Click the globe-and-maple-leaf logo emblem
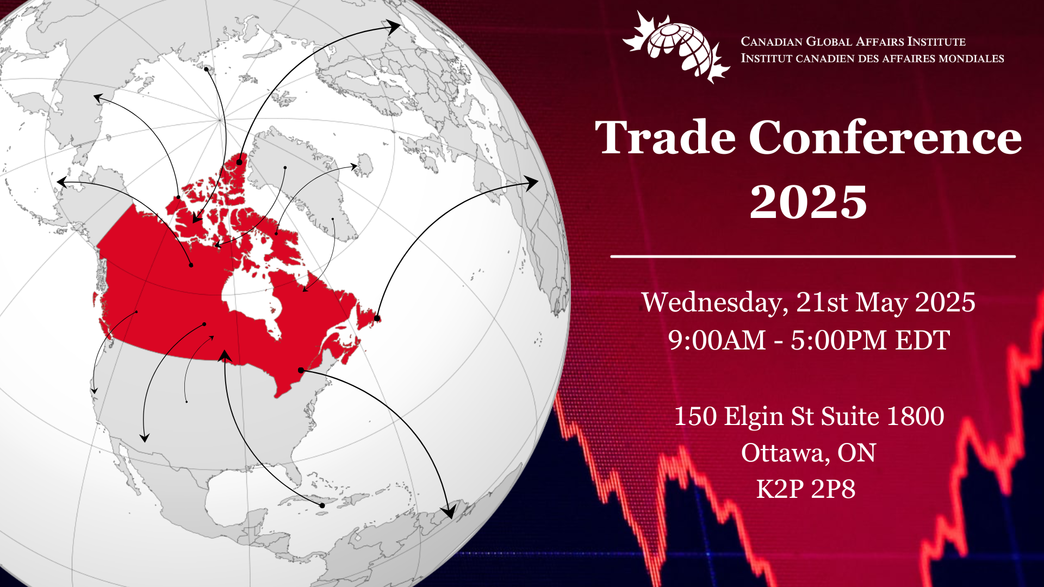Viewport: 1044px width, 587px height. click(x=676, y=48)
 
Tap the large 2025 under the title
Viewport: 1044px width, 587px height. click(x=808, y=202)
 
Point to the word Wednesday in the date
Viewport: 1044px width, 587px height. click(x=714, y=303)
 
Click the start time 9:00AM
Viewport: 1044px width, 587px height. click(x=717, y=340)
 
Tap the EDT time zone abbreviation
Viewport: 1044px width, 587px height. click(x=923, y=340)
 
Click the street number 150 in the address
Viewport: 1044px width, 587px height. click(x=695, y=416)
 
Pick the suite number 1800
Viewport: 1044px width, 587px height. click(x=915, y=416)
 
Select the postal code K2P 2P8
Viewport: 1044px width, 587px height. click(x=806, y=489)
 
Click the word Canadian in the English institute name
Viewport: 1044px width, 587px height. click(x=771, y=42)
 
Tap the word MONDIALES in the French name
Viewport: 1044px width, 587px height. click(x=971, y=59)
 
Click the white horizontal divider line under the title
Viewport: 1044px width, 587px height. click(x=813, y=256)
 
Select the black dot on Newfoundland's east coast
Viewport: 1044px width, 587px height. click(x=377, y=318)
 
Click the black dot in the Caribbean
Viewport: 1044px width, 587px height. click(x=322, y=505)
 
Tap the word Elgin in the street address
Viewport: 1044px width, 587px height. click(x=754, y=416)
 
